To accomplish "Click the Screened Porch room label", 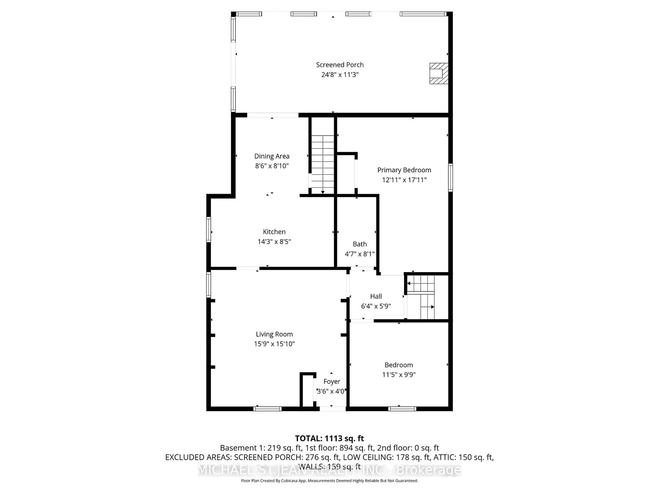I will coord(340,65).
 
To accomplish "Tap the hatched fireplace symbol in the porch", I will coord(438,73).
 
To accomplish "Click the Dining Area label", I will coord(272,156).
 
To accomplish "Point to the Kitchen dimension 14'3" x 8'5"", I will coord(274,242).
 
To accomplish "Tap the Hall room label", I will coord(376,296).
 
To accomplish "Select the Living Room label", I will coord(274,334).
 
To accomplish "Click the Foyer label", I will coord(332,381).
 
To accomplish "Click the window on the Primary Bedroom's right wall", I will coord(450,178).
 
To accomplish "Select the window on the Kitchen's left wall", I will coord(209,229).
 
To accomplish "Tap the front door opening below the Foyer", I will coord(332,409).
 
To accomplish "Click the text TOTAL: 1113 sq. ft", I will coord(329,438).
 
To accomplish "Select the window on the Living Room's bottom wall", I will coord(267,409).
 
